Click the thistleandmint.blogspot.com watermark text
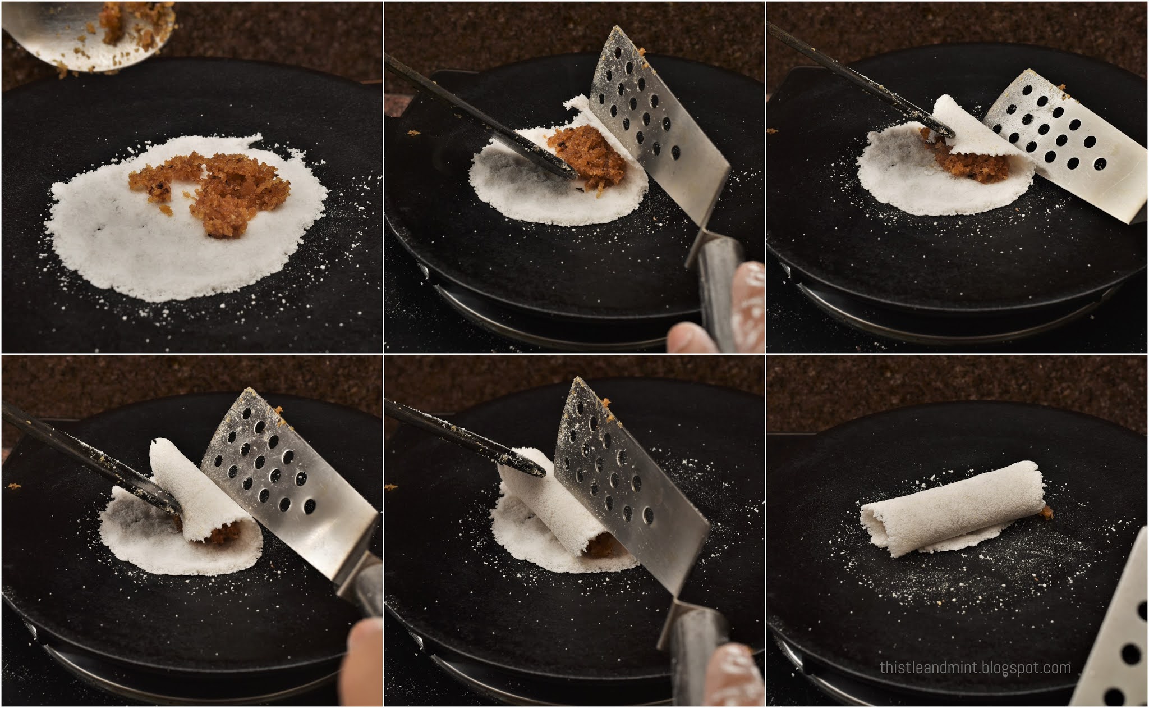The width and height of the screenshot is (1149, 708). [975, 668]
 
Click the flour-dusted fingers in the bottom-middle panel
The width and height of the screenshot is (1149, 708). [732, 677]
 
